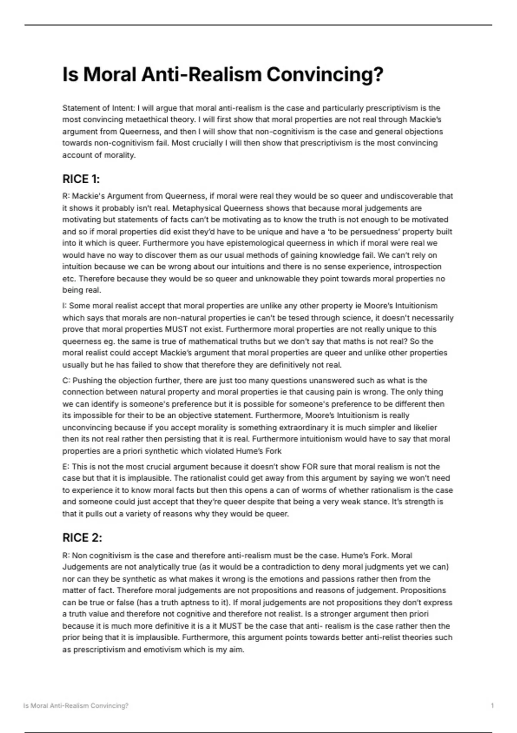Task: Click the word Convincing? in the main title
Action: [x=324, y=75]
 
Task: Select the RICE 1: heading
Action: [x=81, y=179]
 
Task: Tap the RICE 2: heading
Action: [x=82, y=538]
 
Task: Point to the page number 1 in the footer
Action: [x=492, y=706]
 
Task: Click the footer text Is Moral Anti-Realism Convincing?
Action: [x=76, y=706]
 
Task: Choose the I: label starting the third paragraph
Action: [x=65, y=306]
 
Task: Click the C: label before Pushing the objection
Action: [x=66, y=380]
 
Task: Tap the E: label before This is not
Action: [x=66, y=467]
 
